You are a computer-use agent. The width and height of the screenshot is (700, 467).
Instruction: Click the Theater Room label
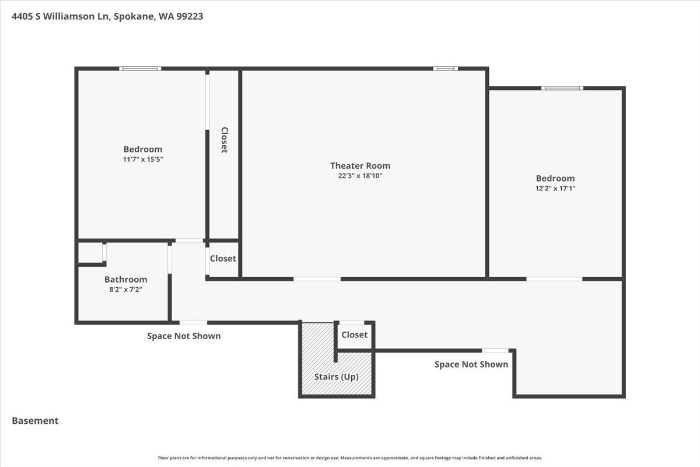[360, 165]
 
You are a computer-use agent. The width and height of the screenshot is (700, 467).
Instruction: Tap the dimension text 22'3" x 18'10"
[360, 176]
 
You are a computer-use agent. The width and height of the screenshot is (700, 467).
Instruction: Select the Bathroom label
[125, 279]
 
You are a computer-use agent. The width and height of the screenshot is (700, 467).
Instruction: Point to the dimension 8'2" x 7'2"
[125, 290]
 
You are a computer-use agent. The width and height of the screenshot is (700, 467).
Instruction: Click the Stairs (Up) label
[336, 377]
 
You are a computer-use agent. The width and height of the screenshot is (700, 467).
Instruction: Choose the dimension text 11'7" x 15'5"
[143, 159]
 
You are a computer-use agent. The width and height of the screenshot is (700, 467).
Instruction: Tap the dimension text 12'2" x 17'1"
[555, 189]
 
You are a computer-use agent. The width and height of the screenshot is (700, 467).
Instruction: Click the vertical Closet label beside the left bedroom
[225, 140]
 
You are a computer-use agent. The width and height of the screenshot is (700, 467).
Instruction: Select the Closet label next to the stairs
[355, 334]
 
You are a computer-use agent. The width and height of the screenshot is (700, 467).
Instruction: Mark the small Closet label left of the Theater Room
[223, 259]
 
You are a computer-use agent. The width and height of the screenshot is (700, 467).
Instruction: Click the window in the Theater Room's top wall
[445, 68]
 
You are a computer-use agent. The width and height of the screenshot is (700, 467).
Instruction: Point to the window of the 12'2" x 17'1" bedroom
[562, 88]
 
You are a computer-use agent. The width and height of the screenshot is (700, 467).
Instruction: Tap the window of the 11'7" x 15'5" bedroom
[141, 68]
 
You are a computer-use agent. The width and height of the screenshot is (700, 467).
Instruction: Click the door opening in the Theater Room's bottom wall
[317, 279]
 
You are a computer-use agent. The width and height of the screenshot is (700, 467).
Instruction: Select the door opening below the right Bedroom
[554, 279]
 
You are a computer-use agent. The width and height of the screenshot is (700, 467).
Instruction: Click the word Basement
[35, 421]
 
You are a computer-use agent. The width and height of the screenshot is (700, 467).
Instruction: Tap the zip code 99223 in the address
[190, 16]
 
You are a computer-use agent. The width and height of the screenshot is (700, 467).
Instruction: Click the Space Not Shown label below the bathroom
[184, 336]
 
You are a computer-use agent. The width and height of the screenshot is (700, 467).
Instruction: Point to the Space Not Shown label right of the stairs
[471, 364]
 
